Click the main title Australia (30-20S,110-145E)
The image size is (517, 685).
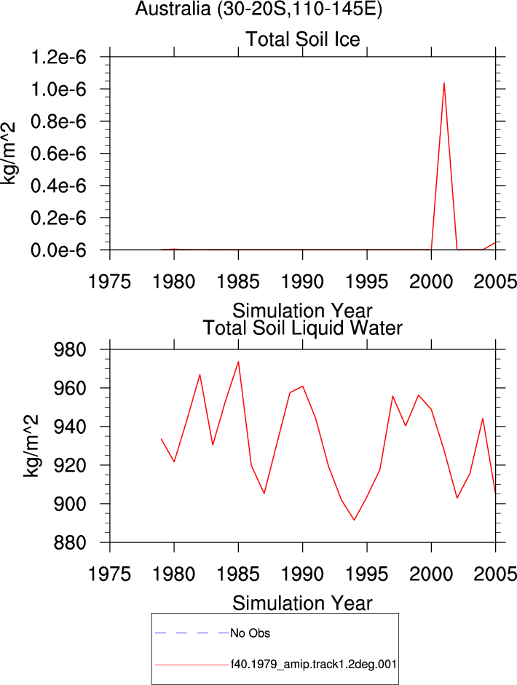pos(258,9)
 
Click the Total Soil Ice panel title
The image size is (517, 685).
pos(303,39)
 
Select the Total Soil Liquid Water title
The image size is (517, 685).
pos(302,328)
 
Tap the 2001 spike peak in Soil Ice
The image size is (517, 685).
pos(444,82)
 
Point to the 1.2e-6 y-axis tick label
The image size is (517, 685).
pos(58,58)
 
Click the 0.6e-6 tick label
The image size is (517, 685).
pos(58,154)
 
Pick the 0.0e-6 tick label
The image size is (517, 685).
pos(58,250)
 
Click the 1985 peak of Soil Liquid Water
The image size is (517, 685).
pos(238,362)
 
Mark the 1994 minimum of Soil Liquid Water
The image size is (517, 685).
pos(354,520)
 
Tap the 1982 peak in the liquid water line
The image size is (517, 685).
pos(200,374)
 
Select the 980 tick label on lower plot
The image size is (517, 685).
pos(70,350)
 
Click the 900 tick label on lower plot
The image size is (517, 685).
pos(70,504)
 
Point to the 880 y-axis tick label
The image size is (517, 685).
pos(70,543)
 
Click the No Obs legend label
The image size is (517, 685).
pos(250,633)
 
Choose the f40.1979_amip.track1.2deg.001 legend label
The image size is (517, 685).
pos(314,665)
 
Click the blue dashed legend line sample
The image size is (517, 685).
pos(192,633)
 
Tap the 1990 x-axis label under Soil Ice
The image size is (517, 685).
pos(302,282)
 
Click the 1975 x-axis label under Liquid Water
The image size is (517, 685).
pos(110,574)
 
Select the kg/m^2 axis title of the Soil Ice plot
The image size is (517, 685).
pos(9,154)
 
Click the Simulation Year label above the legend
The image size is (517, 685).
pos(302,603)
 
